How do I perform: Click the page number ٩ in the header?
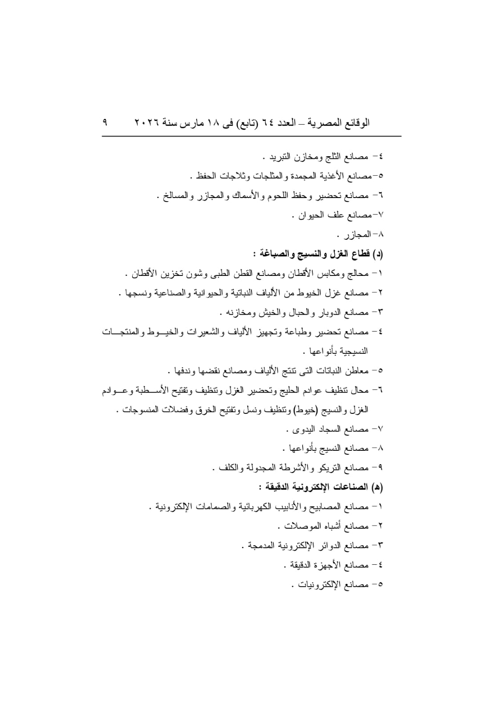tap(105, 122)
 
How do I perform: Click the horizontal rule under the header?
tap(251, 136)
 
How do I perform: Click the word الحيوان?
tap(309, 215)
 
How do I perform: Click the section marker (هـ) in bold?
tap(377, 487)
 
